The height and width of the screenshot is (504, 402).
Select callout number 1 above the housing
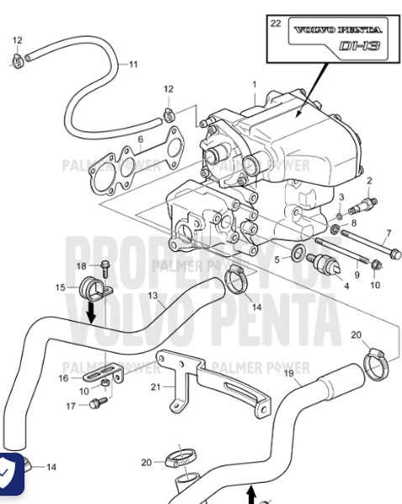[x=254, y=84]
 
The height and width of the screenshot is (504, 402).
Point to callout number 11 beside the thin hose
[x=133, y=64]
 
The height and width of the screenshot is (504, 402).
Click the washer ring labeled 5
[x=299, y=255]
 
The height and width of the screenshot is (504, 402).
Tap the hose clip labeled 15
[x=89, y=291]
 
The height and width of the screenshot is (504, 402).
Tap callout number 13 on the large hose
[x=152, y=296]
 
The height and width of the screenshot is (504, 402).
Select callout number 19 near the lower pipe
[x=288, y=372]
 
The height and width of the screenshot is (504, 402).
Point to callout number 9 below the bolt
[x=356, y=274]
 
